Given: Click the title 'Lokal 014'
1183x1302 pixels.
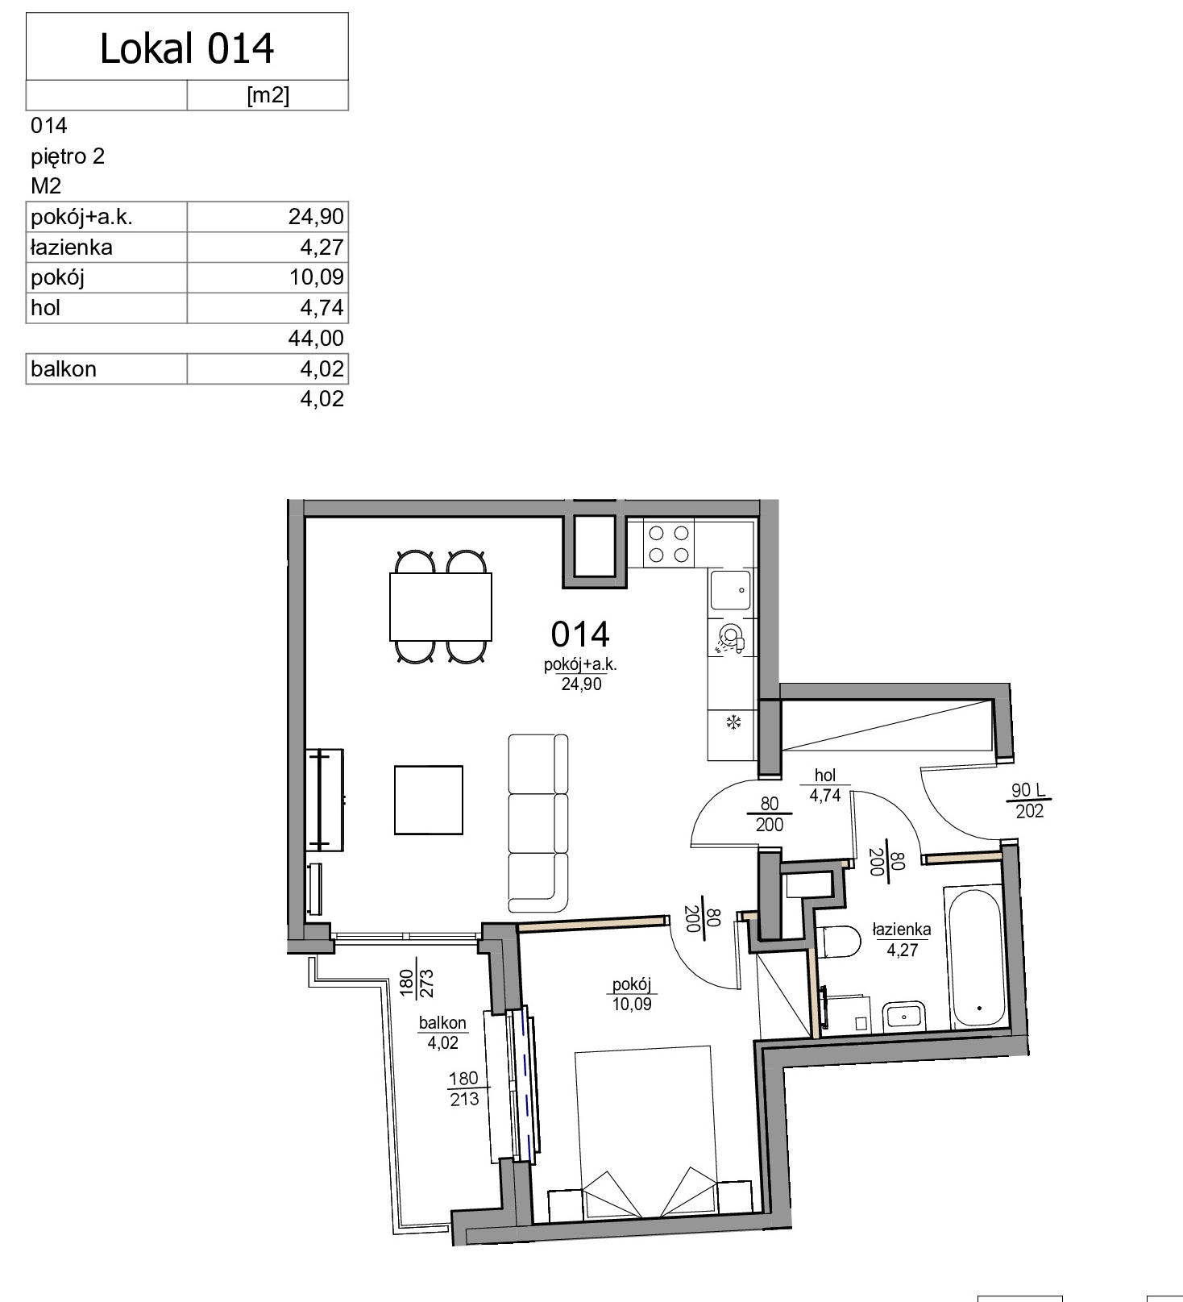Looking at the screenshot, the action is [x=187, y=48].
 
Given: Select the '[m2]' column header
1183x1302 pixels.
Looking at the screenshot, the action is [x=268, y=95].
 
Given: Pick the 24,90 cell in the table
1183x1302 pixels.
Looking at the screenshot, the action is [x=316, y=217].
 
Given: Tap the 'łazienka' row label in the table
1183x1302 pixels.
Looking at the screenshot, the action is [x=71, y=248].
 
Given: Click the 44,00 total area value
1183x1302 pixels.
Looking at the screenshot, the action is [x=316, y=338].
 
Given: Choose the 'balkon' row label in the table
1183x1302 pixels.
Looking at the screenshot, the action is [x=63, y=369].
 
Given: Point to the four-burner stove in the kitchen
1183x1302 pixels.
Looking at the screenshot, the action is [x=668, y=544].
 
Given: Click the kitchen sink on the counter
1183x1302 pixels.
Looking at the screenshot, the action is [x=730, y=589].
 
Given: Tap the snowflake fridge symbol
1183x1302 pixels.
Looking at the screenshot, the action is [x=733, y=722].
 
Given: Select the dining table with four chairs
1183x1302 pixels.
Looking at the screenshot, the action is [x=440, y=606].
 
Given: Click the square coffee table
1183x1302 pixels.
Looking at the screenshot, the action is [x=429, y=800].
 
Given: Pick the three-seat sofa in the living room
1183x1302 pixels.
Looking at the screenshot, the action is [x=538, y=823].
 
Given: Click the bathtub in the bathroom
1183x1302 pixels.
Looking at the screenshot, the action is [x=974, y=958].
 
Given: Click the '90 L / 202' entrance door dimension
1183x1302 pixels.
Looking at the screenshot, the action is [x=1029, y=801].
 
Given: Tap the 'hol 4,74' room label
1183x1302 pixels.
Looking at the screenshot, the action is [x=825, y=785].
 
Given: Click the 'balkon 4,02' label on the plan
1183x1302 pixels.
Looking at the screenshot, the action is [x=442, y=1033].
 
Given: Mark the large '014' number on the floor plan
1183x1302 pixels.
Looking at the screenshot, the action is [x=580, y=634].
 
